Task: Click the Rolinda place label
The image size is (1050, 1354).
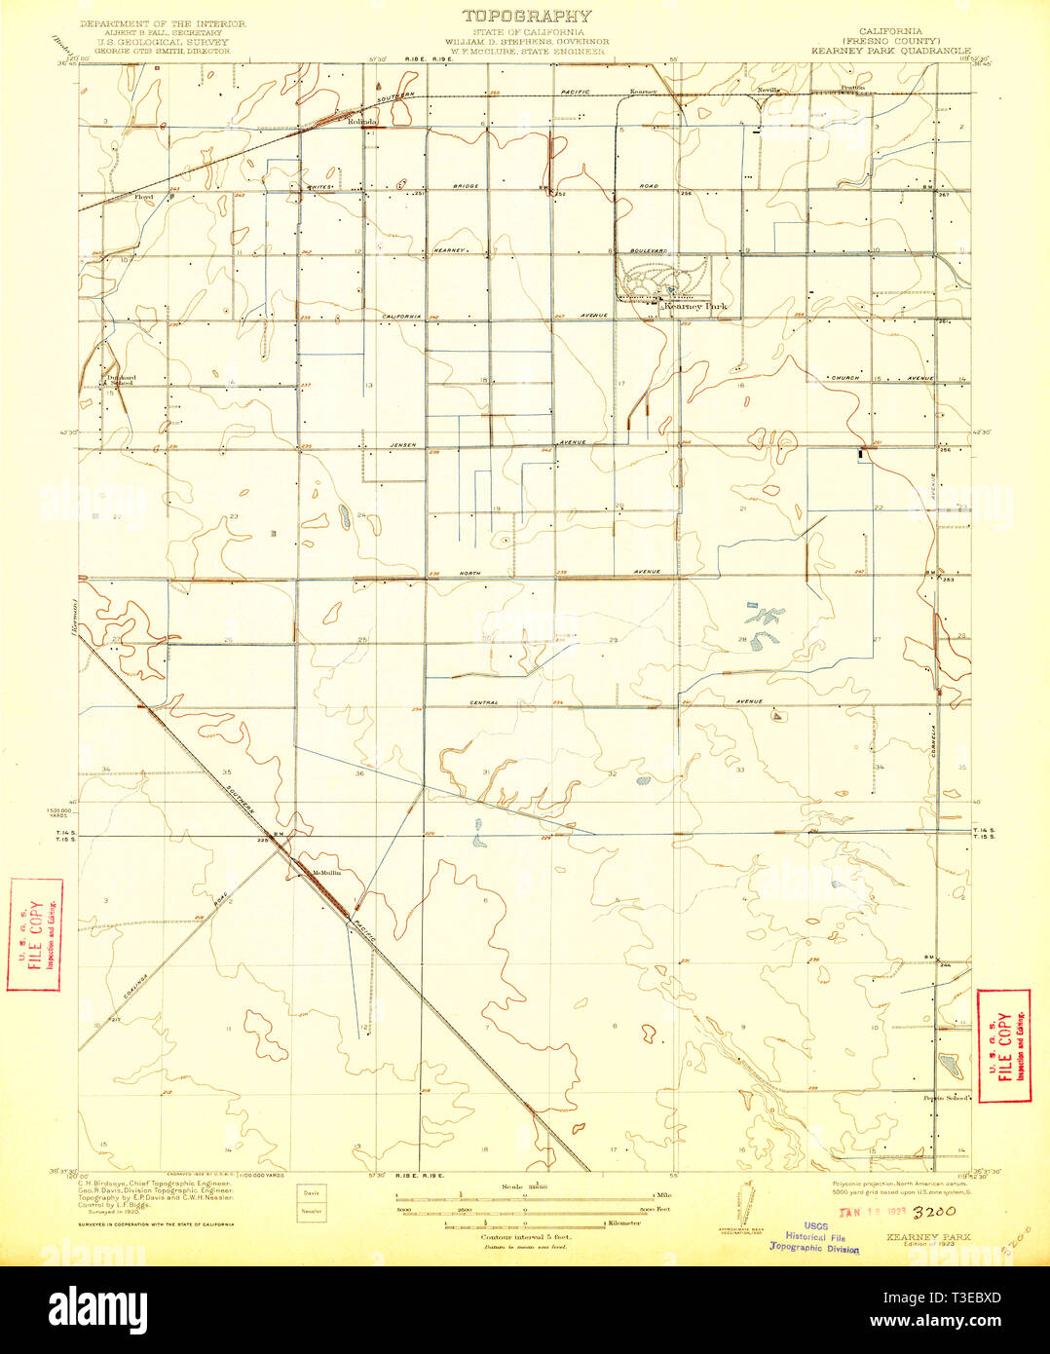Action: [x=362, y=122]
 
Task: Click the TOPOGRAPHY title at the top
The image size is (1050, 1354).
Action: [x=526, y=16]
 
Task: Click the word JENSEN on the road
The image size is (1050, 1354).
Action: [x=405, y=445]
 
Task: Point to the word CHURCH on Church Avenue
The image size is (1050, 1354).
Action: [x=844, y=377]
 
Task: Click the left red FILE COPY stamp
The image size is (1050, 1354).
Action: [x=35, y=934]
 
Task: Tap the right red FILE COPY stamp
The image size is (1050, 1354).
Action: [x=1003, y=1045]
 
